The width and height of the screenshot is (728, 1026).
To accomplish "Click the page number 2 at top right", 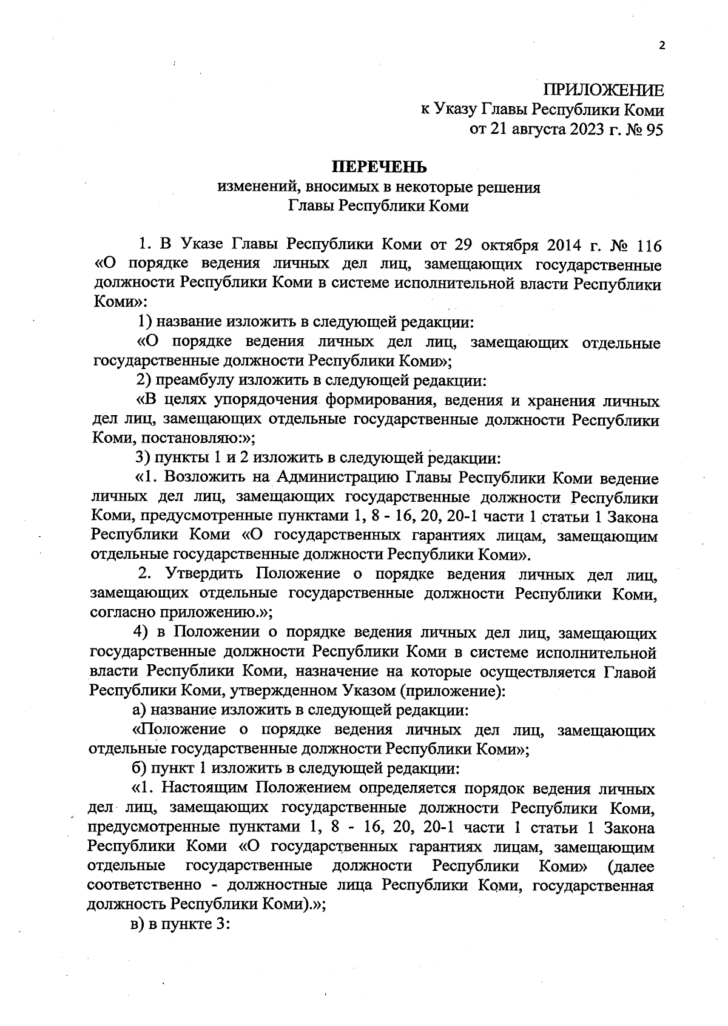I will (x=662, y=45).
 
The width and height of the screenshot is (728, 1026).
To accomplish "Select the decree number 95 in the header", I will (x=656, y=128).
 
